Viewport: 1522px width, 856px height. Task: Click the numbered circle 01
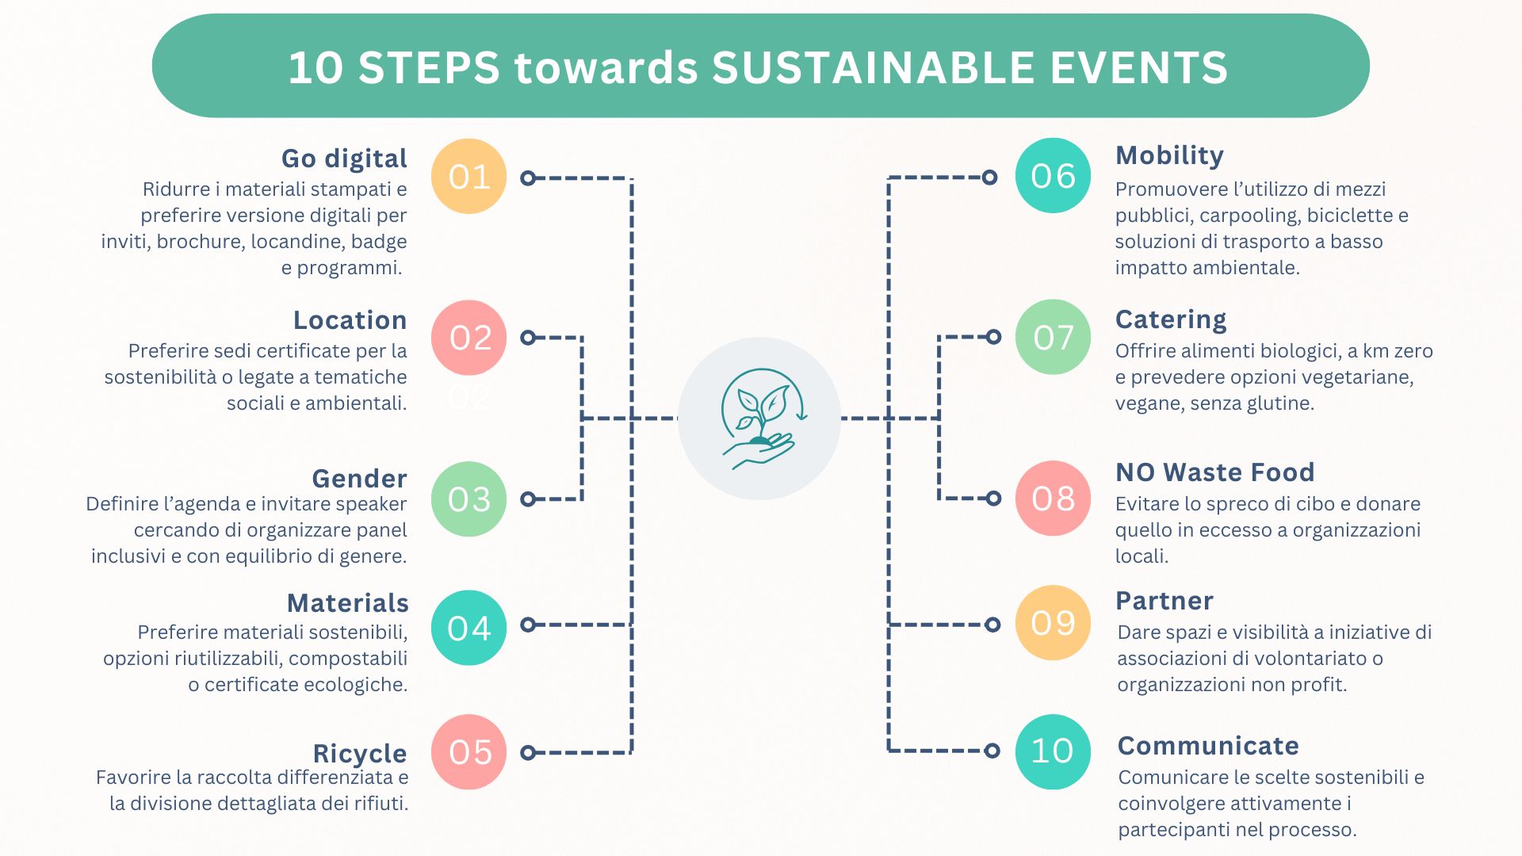[468, 176]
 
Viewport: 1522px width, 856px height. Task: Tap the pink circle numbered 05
[468, 751]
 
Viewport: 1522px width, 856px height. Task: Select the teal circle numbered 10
[1053, 751]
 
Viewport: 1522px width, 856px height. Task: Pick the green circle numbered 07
[1053, 337]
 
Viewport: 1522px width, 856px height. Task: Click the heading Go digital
[344, 159]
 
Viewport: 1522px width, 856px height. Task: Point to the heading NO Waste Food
[1214, 472]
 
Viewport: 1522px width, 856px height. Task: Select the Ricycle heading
[360, 754]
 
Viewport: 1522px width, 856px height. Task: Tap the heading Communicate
[1208, 746]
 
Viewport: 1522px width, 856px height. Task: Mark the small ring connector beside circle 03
[528, 499]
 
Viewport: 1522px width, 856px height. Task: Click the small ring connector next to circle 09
[992, 625]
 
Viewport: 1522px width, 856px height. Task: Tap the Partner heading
[1164, 601]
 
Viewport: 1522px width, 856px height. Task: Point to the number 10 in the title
[315, 67]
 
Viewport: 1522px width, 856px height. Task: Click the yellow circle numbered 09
[1053, 623]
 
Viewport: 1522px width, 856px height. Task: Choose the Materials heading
[347, 603]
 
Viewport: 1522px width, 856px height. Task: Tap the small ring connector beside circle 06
[989, 178]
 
